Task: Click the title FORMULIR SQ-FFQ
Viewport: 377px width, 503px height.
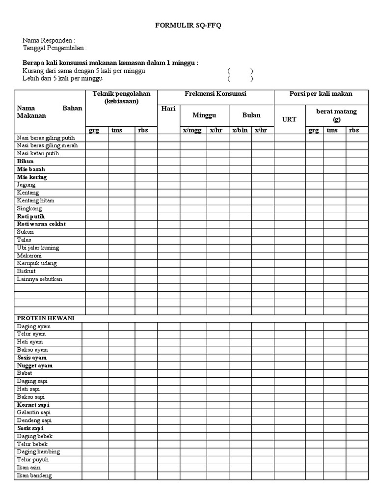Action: (189, 26)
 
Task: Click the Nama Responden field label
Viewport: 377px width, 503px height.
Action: (49, 40)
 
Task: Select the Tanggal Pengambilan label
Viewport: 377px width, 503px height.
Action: (54, 48)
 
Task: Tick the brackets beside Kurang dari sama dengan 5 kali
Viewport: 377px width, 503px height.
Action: (240, 71)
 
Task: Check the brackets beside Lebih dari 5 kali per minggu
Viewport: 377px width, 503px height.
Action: (240, 79)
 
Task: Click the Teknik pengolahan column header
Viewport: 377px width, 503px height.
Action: (121, 97)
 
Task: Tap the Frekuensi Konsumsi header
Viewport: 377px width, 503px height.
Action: (215, 94)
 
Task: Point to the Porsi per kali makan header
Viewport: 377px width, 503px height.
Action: (321, 94)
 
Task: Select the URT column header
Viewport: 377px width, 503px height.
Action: (289, 119)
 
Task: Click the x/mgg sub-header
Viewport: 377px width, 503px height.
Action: (192, 130)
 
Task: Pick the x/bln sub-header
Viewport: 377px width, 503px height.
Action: (240, 130)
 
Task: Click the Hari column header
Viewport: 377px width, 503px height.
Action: (168, 109)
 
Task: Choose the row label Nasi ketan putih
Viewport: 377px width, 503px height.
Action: (38, 153)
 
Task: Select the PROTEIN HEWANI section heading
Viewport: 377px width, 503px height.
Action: (46, 318)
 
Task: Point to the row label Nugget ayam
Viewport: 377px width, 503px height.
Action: (35, 365)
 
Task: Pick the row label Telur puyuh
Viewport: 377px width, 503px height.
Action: (32, 460)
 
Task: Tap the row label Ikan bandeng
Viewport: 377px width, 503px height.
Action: (34, 475)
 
